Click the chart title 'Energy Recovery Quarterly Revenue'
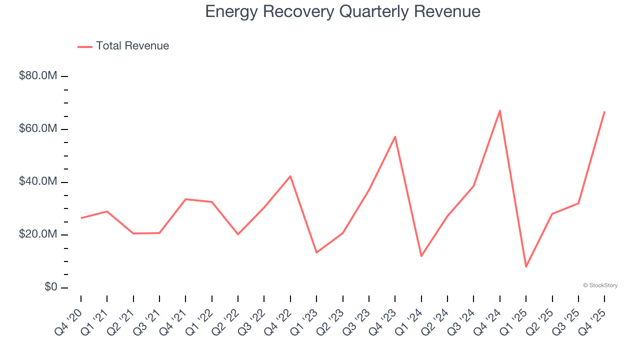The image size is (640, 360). pyautogui.click(x=342, y=11)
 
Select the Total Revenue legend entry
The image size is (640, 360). pyautogui.click(x=123, y=46)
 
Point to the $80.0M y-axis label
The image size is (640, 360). pyautogui.click(x=38, y=76)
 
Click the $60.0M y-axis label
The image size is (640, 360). pyautogui.click(x=38, y=129)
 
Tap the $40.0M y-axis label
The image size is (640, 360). pyautogui.click(x=38, y=182)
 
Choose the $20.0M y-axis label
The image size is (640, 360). pyautogui.click(x=38, y=234)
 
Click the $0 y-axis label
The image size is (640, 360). pyautogui.click(x=50, y=287)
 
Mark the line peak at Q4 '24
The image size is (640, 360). pyautogui.click(x=500, y=110)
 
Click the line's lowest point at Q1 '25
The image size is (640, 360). pyautogui.click(x=526, y=266)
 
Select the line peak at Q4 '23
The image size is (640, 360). pyautogui.click(x=395, y=136)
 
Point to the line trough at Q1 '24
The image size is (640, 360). pyautogui.click(x=421, y=256)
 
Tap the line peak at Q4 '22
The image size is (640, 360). pyautogui.click(x=290, y=176)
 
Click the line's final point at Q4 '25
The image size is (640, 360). pyautogui.click(x=604, y=111)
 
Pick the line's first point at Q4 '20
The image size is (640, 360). pyautogui.click(x=81, y=218)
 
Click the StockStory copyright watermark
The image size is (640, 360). pyautogui.click(x=600, y=285)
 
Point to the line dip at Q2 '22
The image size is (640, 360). pyautogui.click(x=238, y=234)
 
